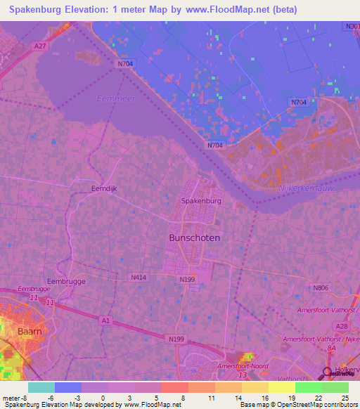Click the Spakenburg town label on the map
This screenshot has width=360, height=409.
[x=202, y=200]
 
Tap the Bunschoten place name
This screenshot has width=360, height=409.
[x=195, y=238]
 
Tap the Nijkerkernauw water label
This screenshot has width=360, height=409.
[x=325, y=188]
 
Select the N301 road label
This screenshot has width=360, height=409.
[x=352, y=26]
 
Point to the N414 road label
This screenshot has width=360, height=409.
[x=139, y=278]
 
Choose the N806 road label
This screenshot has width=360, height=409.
[x=321, y=287]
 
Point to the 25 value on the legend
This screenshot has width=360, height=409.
[x=344, y=398]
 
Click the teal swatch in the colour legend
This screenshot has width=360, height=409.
[x=41, y=387]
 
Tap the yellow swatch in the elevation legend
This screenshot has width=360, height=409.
[x=281, y=387]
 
